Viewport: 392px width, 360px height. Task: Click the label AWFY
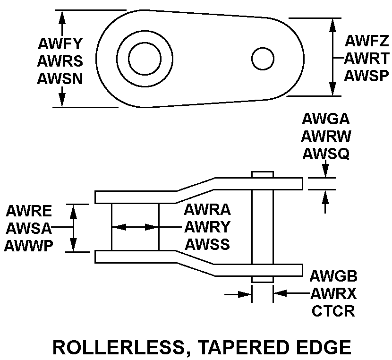pyautogui.click(x=60, y=44)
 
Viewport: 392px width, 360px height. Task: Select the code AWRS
pyautogui.click(x=60, y=61)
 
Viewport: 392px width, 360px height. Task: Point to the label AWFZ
pyautogui.click(x=366, y=41)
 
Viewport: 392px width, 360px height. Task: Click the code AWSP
pyautogui.click(x=366, y=76)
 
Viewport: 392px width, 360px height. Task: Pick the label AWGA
pyautogui.click(x=326, y=119)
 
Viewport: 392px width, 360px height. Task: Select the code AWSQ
pyautogui.click(x=326, y=153)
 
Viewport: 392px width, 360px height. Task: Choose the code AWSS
pyautogui.click(x=207, y=244)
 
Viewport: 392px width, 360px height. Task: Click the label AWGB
pyautogui.click(x=333, y=276)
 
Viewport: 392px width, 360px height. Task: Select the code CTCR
pyautogui.click(x=333, y=311)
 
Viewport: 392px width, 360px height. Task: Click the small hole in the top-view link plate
pyautogui.click(x=263, y=59)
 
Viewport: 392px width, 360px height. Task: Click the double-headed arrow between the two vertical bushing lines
pyautogui.click(x=135, y=227)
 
